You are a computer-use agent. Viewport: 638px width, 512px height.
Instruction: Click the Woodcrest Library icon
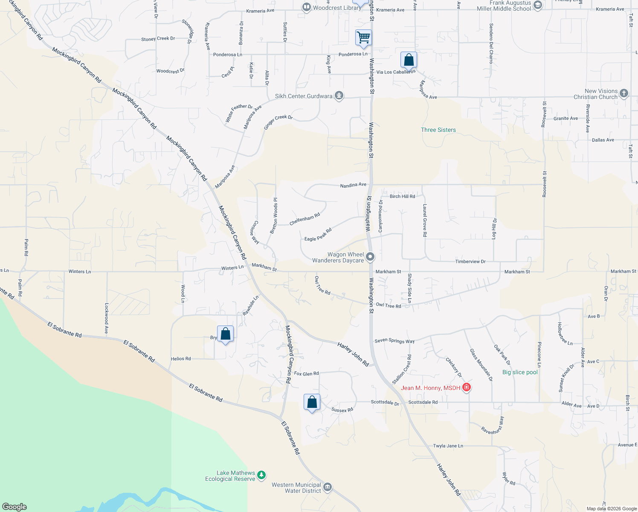pyautogui.click(x=306, y=7)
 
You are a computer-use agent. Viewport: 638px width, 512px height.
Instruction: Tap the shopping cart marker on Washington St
pyautogui.click(x=363, y=38)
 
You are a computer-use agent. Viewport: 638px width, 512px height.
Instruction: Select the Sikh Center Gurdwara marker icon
pyautogui.click(x=339, y=96)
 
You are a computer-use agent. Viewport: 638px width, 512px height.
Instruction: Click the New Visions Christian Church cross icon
pyautogui.click(x=624, y=93)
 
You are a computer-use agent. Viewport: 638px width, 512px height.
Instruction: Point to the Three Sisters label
pyautogui.click(x=438, y=130)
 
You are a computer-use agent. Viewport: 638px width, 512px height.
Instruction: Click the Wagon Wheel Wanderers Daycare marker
pyautogui.click(x=370, y=257)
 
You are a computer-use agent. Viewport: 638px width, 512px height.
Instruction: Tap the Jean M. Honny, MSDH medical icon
pyautogui.click(x=467, y=387)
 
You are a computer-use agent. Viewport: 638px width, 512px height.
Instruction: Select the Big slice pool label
pyautogui.click(x=520, y=372)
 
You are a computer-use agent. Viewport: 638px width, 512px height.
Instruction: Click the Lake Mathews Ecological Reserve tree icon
pyautogui.click(x=261, y=475)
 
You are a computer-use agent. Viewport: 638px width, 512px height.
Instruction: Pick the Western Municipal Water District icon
pyautogui.click(x=328, y=487)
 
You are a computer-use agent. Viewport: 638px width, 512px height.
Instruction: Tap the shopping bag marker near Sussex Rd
pyautogui.click(x=312, y=402)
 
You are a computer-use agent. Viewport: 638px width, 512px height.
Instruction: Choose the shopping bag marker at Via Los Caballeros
pyautogui.click(x=409, y=60)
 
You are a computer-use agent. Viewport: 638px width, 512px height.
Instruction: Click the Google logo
pyautogui.click(x=14, y=506)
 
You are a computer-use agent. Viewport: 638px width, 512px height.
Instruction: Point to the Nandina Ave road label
pyautogui.click(x=353, y=185)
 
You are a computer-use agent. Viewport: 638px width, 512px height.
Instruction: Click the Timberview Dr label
pyautogui.click(x=470, y=262)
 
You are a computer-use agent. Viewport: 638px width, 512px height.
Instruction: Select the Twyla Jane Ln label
pyautogui.click(x=448, y=446)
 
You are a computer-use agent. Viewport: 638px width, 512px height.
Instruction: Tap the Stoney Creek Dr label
pyautogui.click(x=158, y=39)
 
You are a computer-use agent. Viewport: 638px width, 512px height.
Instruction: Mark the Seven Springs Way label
pyautogui.click(x=394, y=341)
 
